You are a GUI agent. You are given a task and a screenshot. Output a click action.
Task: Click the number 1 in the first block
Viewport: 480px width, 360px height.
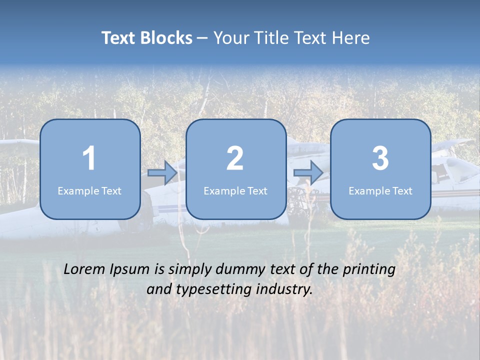coord(89,158)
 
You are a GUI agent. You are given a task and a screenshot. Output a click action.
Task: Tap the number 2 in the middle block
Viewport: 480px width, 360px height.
coord(235,158)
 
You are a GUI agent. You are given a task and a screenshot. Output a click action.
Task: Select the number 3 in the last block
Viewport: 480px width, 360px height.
coord(380,158)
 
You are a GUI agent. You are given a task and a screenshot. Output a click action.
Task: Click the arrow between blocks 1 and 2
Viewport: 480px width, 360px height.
coord(162,173)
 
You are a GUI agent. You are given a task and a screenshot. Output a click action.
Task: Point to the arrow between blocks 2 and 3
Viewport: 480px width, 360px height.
coord(308,173)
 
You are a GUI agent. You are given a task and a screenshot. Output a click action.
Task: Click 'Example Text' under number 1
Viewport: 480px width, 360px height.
coord(89,191)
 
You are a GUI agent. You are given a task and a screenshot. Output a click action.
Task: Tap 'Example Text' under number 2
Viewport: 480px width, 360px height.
coord(235,191)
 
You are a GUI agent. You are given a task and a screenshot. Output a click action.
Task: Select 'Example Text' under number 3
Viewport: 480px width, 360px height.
coord(380,191)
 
